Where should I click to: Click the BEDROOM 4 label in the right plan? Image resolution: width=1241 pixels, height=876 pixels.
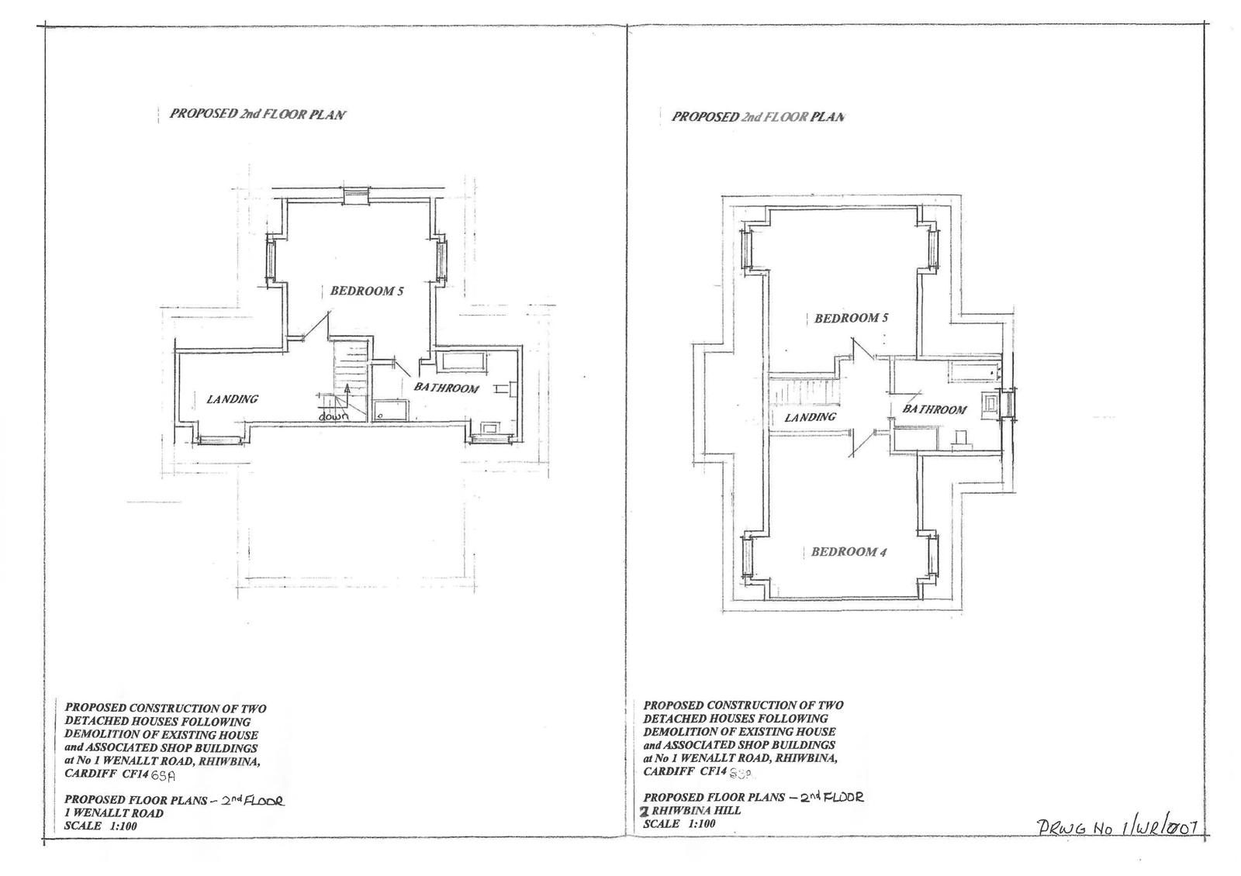(848, 552)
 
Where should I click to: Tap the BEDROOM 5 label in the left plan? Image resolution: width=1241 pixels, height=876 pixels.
(367, 291)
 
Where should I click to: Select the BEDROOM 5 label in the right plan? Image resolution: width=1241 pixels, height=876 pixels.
(852, 319)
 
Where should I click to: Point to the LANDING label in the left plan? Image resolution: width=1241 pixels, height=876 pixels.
(232, 399)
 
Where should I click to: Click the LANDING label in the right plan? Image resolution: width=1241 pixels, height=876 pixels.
(811, 417)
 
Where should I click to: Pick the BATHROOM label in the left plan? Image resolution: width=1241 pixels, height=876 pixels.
(446, 388)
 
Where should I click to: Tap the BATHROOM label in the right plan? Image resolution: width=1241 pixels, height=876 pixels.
(935, 409)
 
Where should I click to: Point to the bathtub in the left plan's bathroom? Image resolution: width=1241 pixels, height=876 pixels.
(461, 361)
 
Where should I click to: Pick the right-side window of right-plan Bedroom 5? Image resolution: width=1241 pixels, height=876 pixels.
(933, 249)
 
